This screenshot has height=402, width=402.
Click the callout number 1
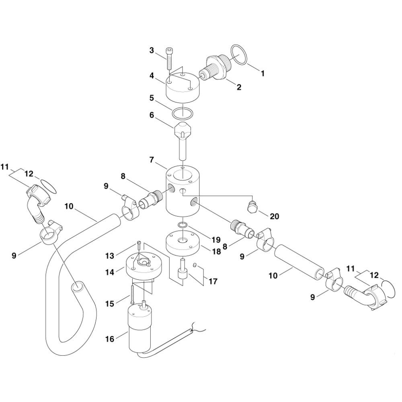click(262, 74)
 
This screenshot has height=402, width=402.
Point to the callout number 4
click(152, 76)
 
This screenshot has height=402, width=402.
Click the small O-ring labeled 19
click(183, 225)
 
